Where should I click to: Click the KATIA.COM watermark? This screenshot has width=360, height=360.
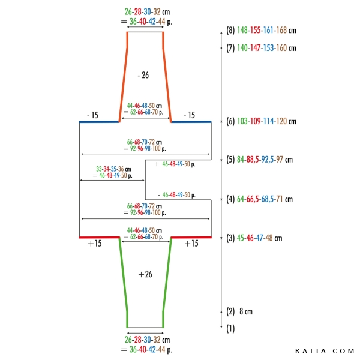pos(325,351)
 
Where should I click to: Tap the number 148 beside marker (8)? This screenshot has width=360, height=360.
pos(242,30)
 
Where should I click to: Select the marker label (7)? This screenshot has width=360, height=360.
pos(230,48)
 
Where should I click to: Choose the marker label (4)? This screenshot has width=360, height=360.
pos(230,199)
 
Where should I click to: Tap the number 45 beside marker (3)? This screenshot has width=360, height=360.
pos(241,238)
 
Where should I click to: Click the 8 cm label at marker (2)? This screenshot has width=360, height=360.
pos(246,311)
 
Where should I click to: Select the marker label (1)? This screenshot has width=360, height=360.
pos(230,329)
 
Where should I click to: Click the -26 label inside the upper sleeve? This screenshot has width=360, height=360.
pos(143,75)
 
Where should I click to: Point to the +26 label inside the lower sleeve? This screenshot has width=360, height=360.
pos(145,274)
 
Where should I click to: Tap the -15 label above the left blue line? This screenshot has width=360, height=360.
pos(93,115)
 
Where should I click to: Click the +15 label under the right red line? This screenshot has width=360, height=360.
pos(191,244)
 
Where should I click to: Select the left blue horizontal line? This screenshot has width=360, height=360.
pos(99,122)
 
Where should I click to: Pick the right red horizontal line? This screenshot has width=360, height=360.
pos(191,237)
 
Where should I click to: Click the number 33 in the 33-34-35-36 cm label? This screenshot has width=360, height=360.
pos(99,169)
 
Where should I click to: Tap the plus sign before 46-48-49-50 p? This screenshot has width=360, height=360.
pos(157,164)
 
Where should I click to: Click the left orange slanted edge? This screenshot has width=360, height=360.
pos(124,77)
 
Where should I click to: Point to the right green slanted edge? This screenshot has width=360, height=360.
pos(167,283)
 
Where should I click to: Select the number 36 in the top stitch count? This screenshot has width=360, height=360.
pos(133,22)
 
